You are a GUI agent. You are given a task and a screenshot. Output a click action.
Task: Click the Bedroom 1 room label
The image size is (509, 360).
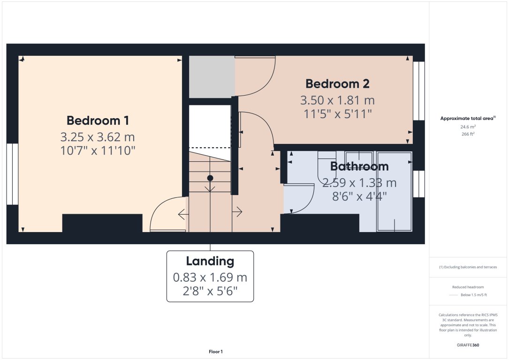pos(98,120)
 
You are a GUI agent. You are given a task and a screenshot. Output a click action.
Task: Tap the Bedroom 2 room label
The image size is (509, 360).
pos(337,84)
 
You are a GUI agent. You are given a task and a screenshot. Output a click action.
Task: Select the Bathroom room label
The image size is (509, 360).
pos(359,166)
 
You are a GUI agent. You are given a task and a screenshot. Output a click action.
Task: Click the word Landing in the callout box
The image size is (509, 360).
pos(210,261)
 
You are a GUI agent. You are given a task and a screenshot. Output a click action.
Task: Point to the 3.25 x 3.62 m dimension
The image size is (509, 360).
pos(98,137)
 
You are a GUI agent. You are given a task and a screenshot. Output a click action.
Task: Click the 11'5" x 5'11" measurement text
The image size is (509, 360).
pos(337,113)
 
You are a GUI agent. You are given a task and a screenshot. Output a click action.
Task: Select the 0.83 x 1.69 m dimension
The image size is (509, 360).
pos(210,277)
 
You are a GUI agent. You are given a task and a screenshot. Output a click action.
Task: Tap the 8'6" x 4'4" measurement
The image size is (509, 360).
pos(359,196)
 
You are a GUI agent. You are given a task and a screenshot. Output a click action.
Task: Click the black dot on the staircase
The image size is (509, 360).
pos(210,178)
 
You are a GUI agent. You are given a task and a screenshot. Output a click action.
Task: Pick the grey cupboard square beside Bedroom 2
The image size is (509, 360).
pos(212,77)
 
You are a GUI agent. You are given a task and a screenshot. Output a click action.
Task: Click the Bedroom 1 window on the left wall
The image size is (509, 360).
pos(12,174)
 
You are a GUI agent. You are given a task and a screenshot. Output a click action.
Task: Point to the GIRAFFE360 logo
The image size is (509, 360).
pos(468,345)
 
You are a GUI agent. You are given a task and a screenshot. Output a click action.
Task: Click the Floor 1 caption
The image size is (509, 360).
pos(216,352)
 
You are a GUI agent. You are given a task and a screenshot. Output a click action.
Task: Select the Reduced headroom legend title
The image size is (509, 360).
pos(468,287)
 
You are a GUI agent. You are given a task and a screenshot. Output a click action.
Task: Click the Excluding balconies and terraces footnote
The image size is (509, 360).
pos(468,267)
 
